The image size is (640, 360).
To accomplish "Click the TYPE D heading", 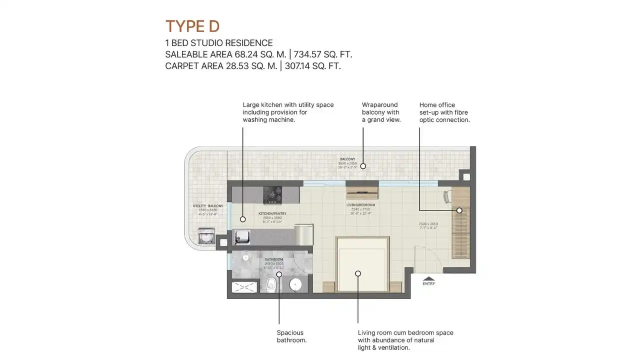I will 192,26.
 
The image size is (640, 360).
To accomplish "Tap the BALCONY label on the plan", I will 347,159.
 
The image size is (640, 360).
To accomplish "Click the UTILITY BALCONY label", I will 208,206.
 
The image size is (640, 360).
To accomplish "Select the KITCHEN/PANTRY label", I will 272,213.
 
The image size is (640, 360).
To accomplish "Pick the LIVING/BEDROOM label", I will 360,205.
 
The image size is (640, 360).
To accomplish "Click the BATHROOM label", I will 274,259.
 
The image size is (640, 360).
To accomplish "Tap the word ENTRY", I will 428,283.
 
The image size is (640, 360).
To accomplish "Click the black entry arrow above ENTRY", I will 428,278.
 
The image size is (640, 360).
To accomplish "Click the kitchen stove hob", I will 272,194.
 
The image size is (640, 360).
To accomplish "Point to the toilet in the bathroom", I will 270,283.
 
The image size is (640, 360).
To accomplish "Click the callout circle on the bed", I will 358,273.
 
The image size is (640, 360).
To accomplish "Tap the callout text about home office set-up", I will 444,112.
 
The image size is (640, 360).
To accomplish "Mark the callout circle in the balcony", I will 363,166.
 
